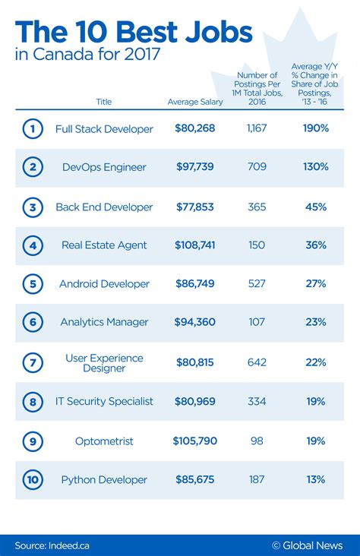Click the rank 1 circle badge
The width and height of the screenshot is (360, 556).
[x=32, y=129]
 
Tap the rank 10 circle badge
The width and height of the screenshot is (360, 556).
[x=32, y=479]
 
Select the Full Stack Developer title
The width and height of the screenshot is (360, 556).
[x=104, y=129]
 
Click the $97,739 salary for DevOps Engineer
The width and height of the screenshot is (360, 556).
[x=194, y=166]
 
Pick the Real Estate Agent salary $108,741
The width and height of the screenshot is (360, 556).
[x=194, y=245]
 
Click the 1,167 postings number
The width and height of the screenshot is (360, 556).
[x=256, y=129]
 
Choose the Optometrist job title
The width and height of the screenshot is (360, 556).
[x=104, y=441]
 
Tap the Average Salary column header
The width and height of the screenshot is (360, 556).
[x=194, y=102]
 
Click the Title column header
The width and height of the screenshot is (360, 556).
[x=104, y=102]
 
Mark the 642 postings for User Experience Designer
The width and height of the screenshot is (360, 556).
[x=256, y=362]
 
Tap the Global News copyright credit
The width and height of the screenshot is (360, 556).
[x=307, y=545]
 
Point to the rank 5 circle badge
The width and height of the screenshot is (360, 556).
[x=32, y=284]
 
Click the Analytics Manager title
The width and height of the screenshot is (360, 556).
[x=104, y=322]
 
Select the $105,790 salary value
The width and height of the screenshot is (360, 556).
[x=194, y=441]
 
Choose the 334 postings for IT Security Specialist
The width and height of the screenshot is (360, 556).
[x=256, y=401]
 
